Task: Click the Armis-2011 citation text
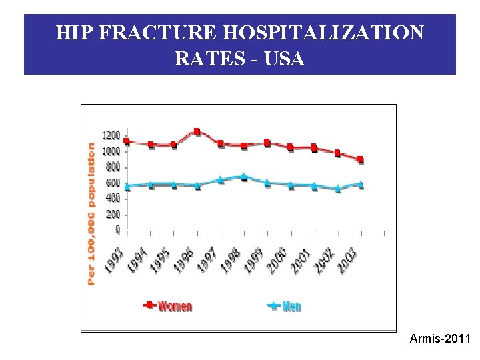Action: (x=440, y=340)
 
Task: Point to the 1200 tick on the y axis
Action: (x=111, y=135)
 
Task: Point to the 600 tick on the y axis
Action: (x=113, y=183)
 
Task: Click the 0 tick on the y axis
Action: (x=118, y=230)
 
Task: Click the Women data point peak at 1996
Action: (x=197, y=131)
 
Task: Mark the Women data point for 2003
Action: (x=361, y=160)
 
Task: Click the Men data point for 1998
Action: (x=244, y=177)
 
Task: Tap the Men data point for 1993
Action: (x=127, y=187)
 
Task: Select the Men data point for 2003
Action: (x=361, y=185)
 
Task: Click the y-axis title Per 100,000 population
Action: (x=91, y=213)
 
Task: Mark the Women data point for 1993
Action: (x=127, y=141)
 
